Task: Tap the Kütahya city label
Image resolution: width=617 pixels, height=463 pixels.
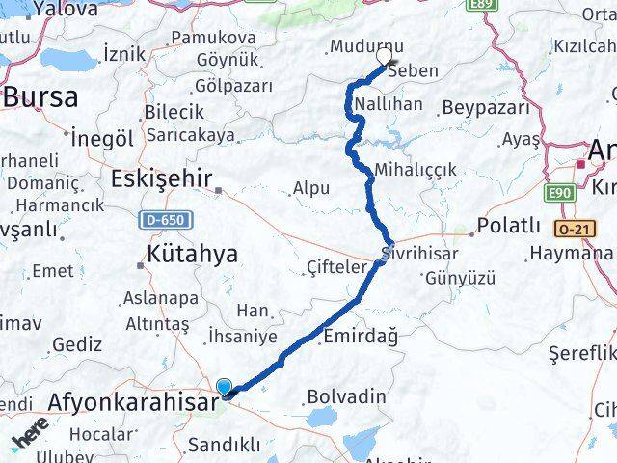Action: pyautogui.click(x=192, y=255)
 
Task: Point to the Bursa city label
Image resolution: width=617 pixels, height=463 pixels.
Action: pyautogui.click(x=40, y=97)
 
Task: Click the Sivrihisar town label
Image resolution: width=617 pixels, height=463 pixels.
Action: pyautogui.click(x=420, y=254)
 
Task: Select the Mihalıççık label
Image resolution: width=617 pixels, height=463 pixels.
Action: pyautogui.click(x=416, y=169)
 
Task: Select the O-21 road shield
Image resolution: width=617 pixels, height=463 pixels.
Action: pyautogui.click(x=575, y=229)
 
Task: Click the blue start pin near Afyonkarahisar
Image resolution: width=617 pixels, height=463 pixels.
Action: pyautogui.click(x=225, y=386)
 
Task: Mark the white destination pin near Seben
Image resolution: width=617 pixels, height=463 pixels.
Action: pyautogui.click(x=384, y=56)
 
